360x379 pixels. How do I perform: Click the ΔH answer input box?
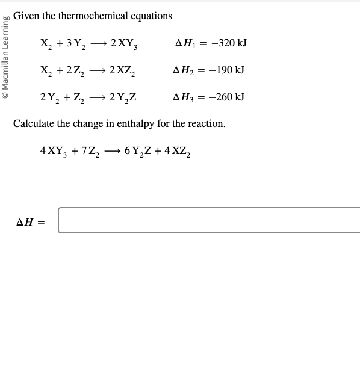tap(209, 220)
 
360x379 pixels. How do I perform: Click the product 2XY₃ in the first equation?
tap(125, 44)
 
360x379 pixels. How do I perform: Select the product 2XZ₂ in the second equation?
tap(123, 71)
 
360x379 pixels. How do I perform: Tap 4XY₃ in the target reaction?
tap(53, 151)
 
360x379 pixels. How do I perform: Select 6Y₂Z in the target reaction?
tap(138, 151)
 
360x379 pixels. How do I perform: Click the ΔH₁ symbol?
tap(184, 43)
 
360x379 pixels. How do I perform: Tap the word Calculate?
tap(34, 124)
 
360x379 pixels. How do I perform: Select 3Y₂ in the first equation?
tap(78, 44)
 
